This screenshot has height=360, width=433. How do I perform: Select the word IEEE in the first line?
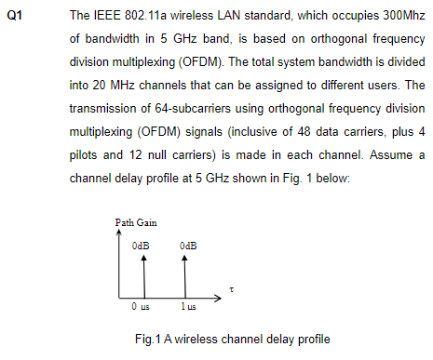pyautogui.click(x=102, y=19)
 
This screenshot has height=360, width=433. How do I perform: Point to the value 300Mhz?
pyautogui.click(x=399, y=19)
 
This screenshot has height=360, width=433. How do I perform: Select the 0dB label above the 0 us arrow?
pyautogui.click(x=141, y=244)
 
